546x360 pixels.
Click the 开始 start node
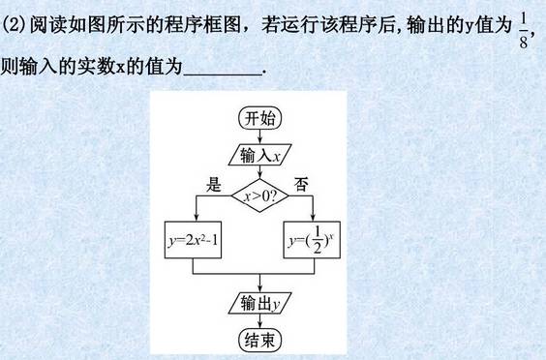coord(259,119)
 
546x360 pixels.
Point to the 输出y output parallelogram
coord(259,304)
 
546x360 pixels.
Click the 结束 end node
coord(259,339)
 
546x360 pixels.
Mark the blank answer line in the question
coord(222,70)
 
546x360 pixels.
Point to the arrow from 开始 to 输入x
coord(259,137)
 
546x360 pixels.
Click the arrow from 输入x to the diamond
coord(259,173)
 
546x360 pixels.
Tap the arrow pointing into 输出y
coord(259,285)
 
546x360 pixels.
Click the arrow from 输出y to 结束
coord(259,321)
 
